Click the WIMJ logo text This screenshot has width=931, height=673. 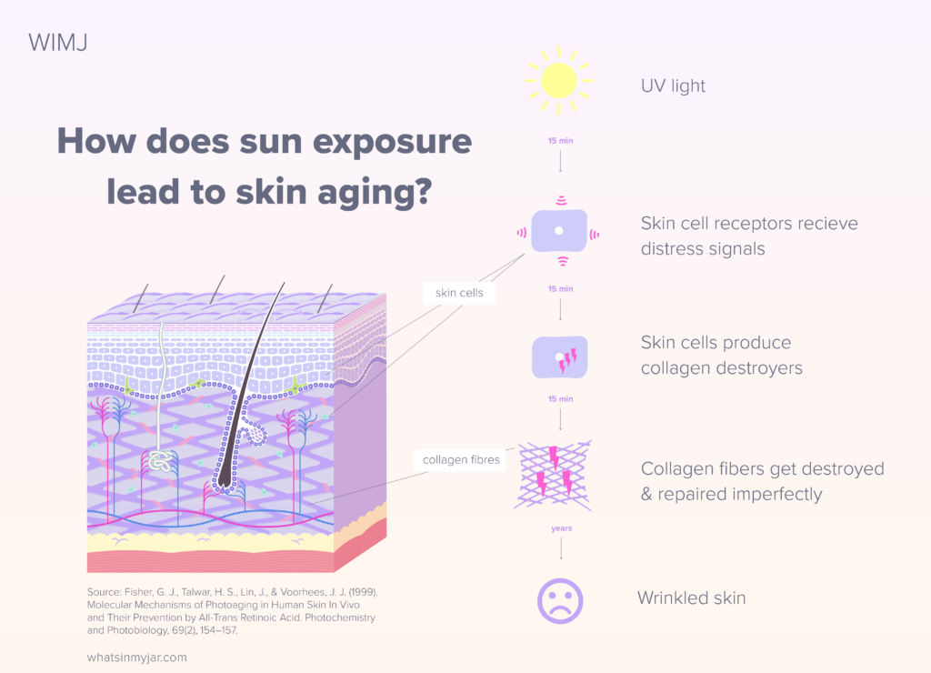pos(57,43)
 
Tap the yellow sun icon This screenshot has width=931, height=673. pos(558,80)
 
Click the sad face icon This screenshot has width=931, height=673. pos(560,600)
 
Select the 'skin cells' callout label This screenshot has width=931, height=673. pos(459,293)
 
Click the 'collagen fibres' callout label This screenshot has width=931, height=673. pos(462,459)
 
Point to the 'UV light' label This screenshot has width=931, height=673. pos(673,86)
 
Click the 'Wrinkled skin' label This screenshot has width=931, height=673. pos(691,598)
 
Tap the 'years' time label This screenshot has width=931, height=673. pos(560,527)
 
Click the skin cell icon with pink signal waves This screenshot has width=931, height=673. pos(559,232)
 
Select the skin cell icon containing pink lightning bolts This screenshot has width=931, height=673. pos(560,357)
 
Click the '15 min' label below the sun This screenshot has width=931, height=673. pos(560,141)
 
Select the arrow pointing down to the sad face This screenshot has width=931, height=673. pos(560,548)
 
